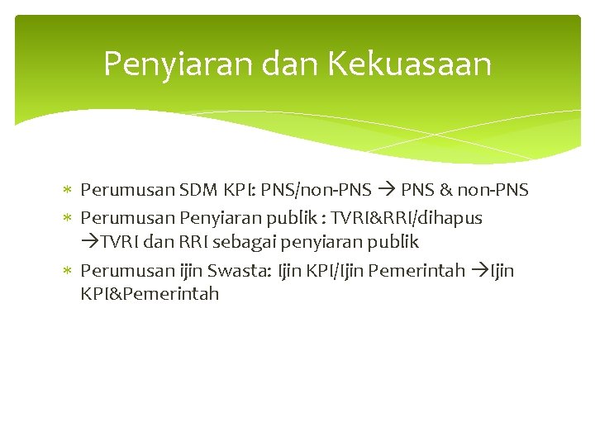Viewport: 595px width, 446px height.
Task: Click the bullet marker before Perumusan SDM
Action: click(x=69, y=191)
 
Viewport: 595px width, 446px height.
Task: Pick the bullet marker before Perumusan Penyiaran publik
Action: click(x=69, y=219)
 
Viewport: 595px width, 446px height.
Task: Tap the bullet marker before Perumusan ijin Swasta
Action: click(x=69, y=271)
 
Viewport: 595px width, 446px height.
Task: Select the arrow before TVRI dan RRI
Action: click(x=90, y=242)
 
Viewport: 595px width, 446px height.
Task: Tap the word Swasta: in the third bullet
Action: click(x=239, y=270)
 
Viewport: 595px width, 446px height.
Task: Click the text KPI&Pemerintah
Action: click(x=150, y=293)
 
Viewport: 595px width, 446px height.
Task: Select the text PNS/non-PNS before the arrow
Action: click(x=325, y=190)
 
